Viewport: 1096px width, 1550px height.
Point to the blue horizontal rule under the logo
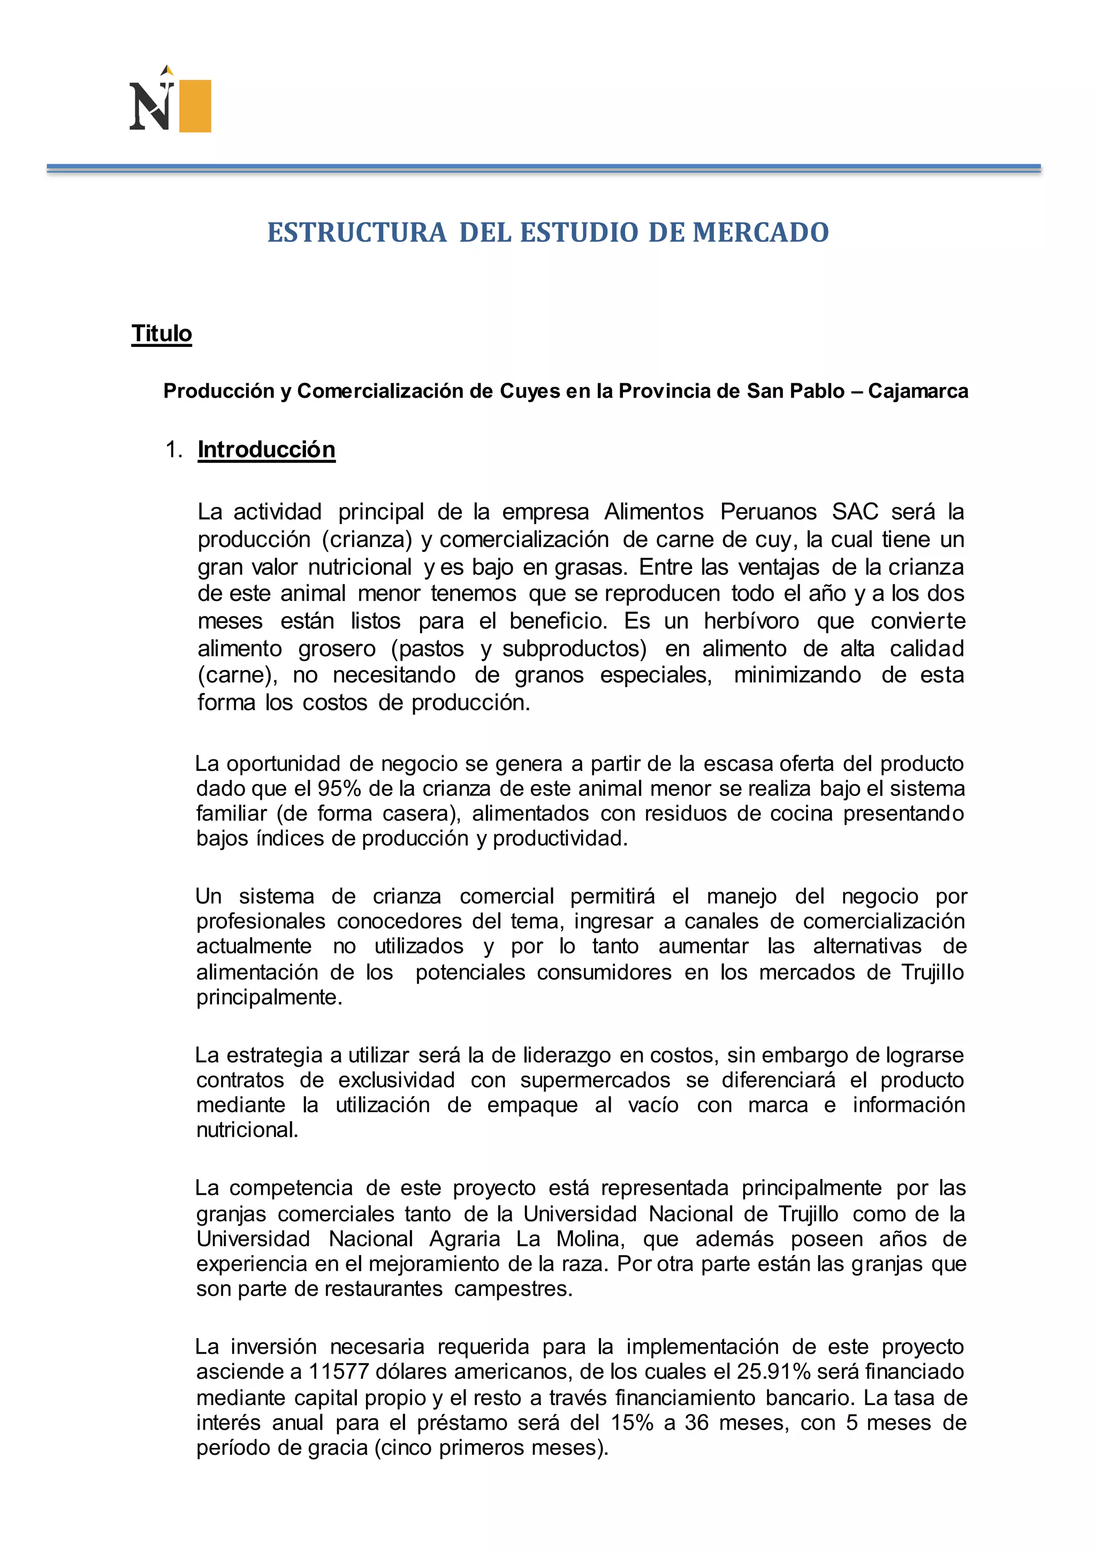pyautogui.click(x=543, y=168)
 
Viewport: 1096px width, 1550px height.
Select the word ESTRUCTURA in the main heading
pyautogui.click(x=357, y=232)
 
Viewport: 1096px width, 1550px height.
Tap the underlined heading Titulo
pyautogui.click(x=162, y=333)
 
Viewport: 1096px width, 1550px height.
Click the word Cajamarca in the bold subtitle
pyautogui.click(x=918, y=391)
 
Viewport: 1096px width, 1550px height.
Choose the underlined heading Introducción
pyautogui.click(x=267, y=450)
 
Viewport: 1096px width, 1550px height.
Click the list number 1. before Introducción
pyautogui.click(x=174, y=450)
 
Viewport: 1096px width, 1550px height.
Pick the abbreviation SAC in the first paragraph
pyautogui.click(x=855, y=512)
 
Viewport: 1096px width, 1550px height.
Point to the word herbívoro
pyautogui.click(x=751, y=620)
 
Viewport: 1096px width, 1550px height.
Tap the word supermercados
pyautogui.click(x=595, y=1080)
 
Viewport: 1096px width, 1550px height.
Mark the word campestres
pyautogui.click(x=513, y=1289)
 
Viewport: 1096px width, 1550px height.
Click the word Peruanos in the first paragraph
pyautogui.click(x=768, y=512)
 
